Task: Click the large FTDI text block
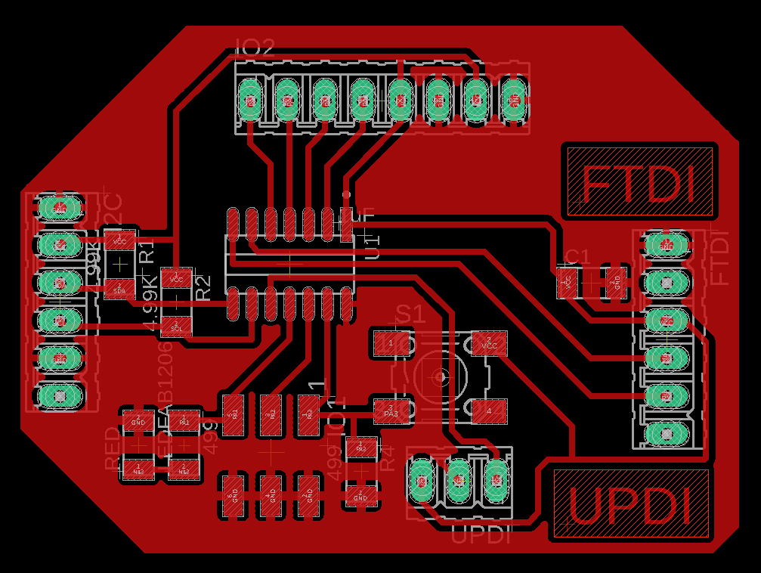click(x=639, y=181)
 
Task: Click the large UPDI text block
click(x=631, y=504)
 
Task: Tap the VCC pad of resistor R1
click(x=119, y=240)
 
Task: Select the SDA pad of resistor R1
click(x=119, y=289)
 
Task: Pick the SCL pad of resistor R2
click(x=176, y=327)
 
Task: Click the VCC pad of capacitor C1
click(x=566, y=282)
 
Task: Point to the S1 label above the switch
click(x=411, y=313)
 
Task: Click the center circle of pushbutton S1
click(x=439, y=376)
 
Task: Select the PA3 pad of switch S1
click(x=391, y=410)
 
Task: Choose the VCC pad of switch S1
click(x=489, y=343)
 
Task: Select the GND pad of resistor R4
click(x=360, y=496)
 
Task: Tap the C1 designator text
click(x=577, y=256)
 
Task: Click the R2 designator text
click(x=203, y=287)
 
